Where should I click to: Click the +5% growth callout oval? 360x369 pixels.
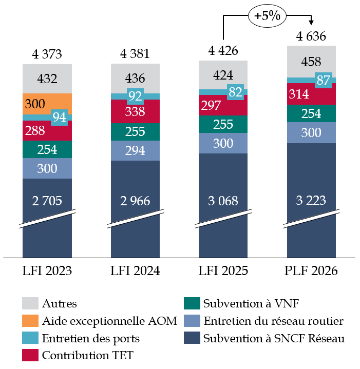pyautogui.click(x=267, y=16)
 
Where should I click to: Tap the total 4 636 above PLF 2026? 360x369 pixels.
pyautogui.click(x=312, y=37)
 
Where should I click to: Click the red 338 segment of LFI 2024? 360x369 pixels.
pyautogui.click(x=135, y=111)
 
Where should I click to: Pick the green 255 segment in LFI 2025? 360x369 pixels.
pyautogui.click(x=223, y=125)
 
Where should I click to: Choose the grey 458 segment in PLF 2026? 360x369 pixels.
pyautogui.click(x=312, y=62)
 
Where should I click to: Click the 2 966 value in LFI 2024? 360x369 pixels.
pyautogui.click(x=135, y=201)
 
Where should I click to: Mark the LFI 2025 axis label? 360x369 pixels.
pyautogui.click(x=223, y=270)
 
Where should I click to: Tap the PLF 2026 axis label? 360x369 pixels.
pyautogui.click(x=312, y=270)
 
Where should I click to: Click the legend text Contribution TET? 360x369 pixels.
pyautogui.click(x=87, y=355)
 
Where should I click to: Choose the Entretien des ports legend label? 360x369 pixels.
pyautogui.click(x=91, y=338)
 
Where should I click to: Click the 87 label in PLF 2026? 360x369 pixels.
pyautogui.click(x=324, y=81)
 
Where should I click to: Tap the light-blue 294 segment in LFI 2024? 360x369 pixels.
pyautogui.click(x=135, y=150)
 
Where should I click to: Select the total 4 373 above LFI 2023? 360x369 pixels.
pyautogui.click(x=47, y=54)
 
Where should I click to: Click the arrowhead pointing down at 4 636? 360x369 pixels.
pyautogui.click(x=311, y=22)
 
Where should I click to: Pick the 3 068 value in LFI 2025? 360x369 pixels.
pyautogui.click(x=223, y=201)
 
